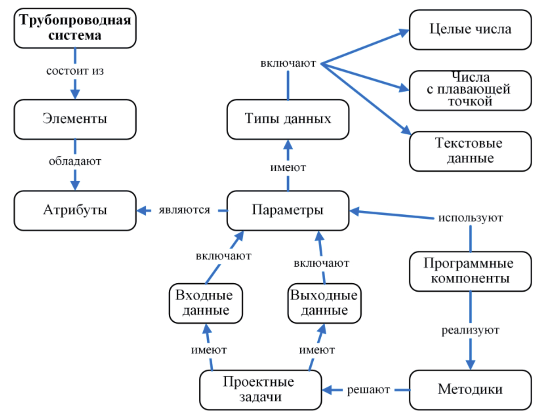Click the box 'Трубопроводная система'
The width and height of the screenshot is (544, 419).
click(x=75, y=28)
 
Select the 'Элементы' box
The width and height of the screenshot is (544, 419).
click(x=75, y=119)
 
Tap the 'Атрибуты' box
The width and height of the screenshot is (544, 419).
click(x=75, y=210)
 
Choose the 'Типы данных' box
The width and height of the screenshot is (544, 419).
click(x=288, y=119)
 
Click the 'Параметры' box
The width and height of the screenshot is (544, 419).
click(x=288, y=210)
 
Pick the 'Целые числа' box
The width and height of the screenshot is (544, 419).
click(x=470, y=30)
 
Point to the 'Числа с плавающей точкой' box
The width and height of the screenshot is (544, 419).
click(x=470, y=90)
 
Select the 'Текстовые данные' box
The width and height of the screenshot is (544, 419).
click(x=470, y=151)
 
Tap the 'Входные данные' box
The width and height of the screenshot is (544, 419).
click(x=205, y=303)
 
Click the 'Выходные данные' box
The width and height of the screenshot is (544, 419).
click(x=324, y=303)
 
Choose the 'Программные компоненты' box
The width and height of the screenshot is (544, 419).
click(x=470, y=271)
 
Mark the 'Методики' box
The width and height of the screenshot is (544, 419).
click(x=470, y=390)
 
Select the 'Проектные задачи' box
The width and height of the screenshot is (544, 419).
click(x=260, y=390)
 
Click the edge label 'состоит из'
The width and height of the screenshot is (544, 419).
click(x=75, y=71)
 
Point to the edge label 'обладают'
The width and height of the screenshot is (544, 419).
click(x=75, y=161)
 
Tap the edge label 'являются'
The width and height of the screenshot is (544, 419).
click(x=184, y=210)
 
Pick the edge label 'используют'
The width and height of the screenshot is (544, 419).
click(x=470, y=218)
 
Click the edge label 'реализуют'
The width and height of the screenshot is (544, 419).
click(x=470, y=330)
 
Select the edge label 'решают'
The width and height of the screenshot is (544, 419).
click(x=368, y=390)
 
